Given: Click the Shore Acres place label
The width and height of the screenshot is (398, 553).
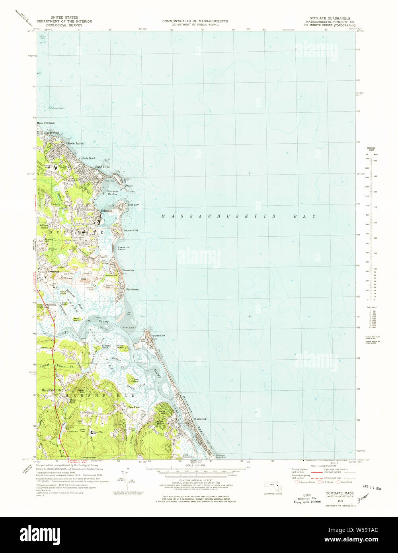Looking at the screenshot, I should [75, 143].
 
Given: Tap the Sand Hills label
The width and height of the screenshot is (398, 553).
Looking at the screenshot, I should [102, 167].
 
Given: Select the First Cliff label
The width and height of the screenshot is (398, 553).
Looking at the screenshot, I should [133, 205].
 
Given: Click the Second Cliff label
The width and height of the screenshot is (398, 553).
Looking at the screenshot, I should [131, 230].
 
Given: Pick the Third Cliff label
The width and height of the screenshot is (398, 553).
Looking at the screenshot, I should [128, 270].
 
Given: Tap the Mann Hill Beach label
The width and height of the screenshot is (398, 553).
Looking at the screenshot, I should [46, 123].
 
